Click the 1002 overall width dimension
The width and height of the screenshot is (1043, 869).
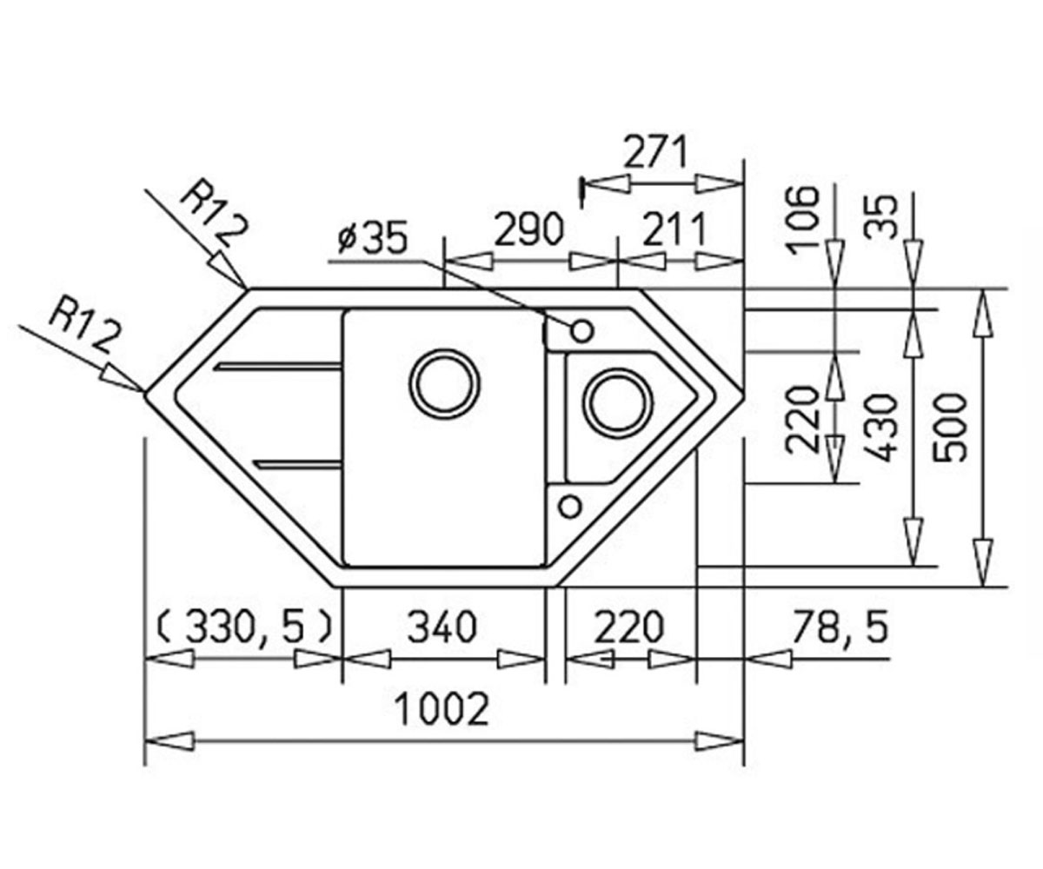442,710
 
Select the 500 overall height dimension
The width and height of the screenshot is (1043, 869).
950,428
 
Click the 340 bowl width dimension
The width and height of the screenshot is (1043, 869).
442,627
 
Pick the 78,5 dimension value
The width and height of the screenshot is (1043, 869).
840,627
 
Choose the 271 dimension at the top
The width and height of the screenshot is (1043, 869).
655,152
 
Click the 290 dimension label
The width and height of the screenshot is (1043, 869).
529,230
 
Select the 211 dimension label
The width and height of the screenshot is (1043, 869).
674,230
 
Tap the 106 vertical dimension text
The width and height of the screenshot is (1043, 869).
803,220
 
